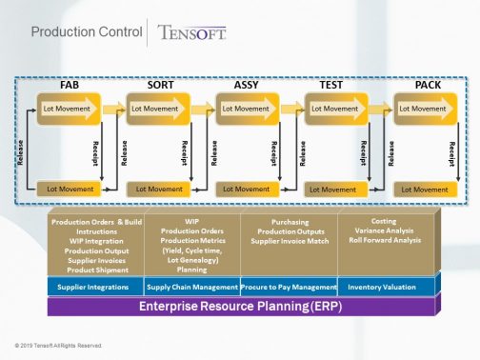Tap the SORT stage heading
[160, 86]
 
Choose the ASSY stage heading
[247, 86]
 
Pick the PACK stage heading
[428, 86]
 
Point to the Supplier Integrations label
[94, 287]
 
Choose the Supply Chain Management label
[191, 287]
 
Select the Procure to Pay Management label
[290, 287]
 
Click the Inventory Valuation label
[383, 287]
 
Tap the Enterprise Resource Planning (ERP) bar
[242, 306]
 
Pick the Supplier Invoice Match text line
[290, 240]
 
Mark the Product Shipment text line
[94, 268]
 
